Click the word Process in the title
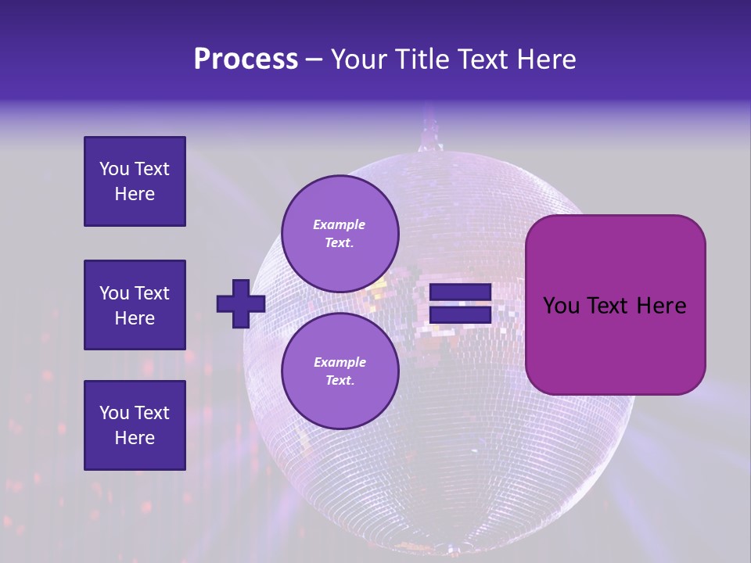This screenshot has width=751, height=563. click(x=246, y=59)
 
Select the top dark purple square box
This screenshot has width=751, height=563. click(x=135, y=181)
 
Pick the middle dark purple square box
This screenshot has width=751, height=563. click(x=135, y=305)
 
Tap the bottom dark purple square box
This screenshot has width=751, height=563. click(x=135, y=425)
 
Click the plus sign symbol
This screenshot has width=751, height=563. click(x=240, y=303)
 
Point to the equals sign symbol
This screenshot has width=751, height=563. click(x=460, y=304)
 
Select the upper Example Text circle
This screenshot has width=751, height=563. click(x=340, y=234)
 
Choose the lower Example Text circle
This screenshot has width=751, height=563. click(x=340, y=371)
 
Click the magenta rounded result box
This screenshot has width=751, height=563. click(x=615, y=305)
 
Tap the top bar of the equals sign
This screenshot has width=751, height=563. click(x=460, y=292)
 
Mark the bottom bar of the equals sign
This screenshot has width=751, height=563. click(x=460, y=315)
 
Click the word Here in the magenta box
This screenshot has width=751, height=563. click(x=661, y=306)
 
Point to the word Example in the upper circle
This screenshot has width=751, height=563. click(x=340, y=224)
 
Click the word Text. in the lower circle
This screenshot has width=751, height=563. click(x=340, y=381)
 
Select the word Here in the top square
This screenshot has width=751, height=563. click(x=135, y=194)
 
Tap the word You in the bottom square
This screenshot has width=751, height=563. click(x=114, y=413)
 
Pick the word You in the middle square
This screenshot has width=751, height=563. click(x=114, y=293)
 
